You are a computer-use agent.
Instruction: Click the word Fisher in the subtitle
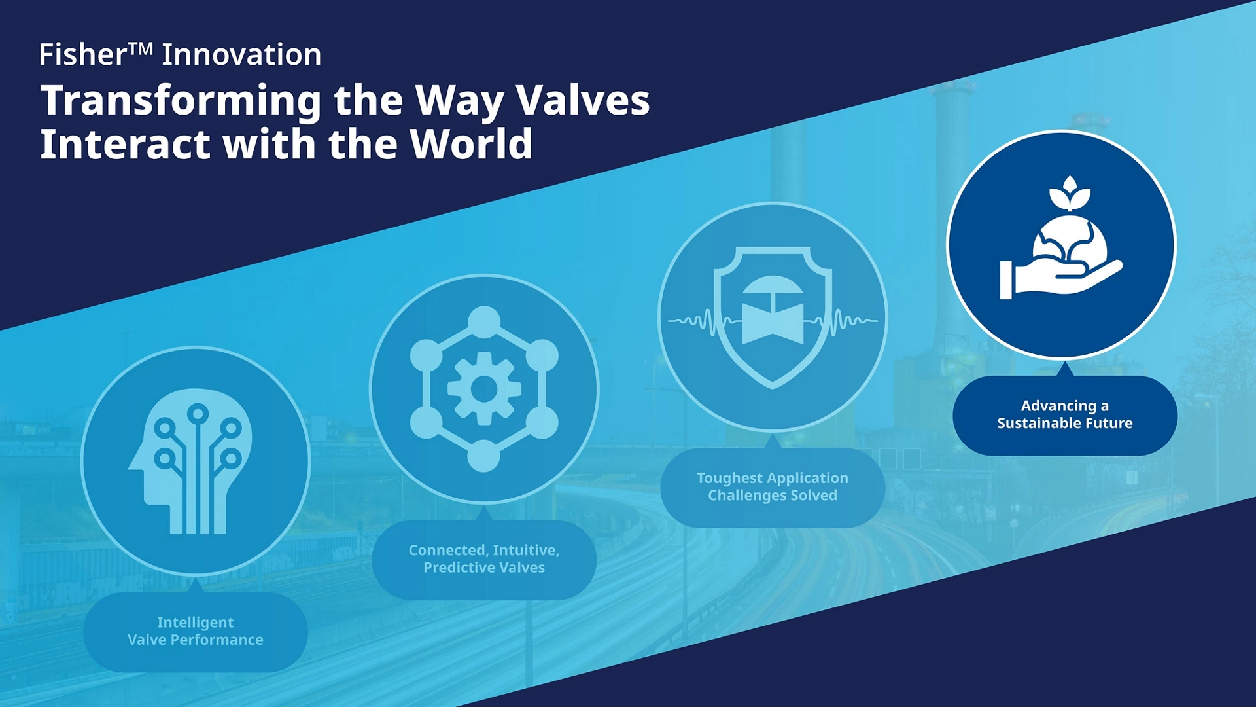tap(82, 54)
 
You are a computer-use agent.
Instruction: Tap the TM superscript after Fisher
tap(141, 48)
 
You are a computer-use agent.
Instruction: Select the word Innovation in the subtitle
tap(241, 54)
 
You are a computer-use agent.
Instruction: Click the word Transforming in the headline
tap(181, 101)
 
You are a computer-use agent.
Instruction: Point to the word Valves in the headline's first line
tap(583, 100)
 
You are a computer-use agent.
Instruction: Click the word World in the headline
tap(471, 144)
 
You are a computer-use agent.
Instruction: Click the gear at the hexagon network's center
tap(484, 389)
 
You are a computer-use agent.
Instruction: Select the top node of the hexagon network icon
tap(484, 322)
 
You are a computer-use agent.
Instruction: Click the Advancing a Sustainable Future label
tap(1065, 415)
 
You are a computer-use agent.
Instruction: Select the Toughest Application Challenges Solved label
tap(773, 488)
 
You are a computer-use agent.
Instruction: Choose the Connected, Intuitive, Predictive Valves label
tap(484, 560)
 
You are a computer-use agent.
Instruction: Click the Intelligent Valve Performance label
tap(196, 632)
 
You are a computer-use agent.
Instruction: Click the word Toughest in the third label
tap(729, 479)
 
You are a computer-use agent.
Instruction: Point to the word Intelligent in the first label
tap(195, 623)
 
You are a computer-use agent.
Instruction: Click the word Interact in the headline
tap(126, 144)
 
